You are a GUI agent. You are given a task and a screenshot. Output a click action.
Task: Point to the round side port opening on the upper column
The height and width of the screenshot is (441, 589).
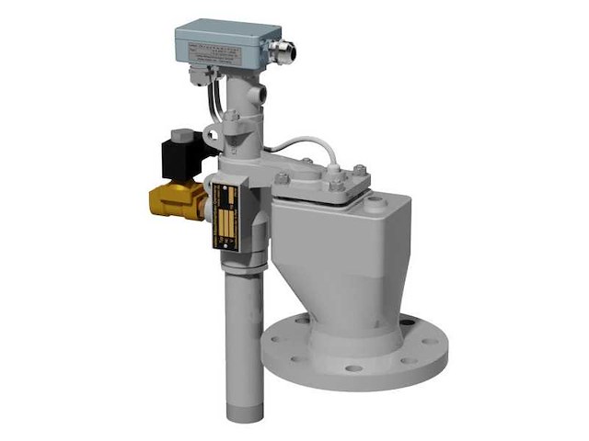point(263,95)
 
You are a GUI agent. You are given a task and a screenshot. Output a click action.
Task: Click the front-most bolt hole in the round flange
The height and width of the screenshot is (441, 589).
point(353,368)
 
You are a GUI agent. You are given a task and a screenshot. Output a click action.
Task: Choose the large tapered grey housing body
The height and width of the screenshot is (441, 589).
point(341,257)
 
